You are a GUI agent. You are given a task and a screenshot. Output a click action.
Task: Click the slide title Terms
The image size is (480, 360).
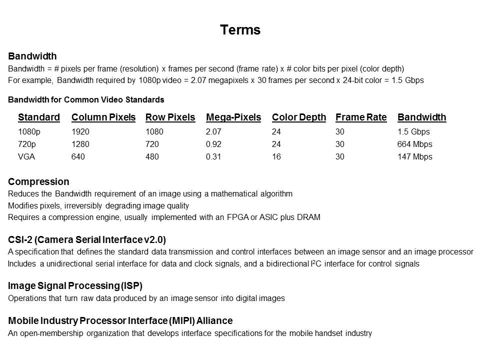[240, 30]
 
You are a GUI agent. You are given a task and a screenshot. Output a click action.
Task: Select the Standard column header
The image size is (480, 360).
[39, 117]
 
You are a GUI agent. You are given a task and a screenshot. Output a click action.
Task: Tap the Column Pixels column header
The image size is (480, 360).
[103, 117]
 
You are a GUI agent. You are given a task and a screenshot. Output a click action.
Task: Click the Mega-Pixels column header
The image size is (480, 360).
[233, 117]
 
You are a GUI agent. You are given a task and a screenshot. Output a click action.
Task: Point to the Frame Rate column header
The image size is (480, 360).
[361, 117]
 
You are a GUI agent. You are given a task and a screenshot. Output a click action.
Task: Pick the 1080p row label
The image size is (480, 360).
[27, 132]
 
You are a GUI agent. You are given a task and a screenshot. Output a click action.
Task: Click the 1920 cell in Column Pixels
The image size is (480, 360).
[80, 132]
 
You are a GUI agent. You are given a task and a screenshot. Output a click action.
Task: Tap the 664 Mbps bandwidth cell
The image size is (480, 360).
[415, 144]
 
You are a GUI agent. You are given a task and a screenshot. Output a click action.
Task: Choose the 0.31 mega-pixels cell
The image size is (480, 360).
[213, 156]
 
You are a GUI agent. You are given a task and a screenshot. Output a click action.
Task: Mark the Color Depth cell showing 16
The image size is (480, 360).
[276, 156]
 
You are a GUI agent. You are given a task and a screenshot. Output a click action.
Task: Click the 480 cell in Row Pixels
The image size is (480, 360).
[152, 156]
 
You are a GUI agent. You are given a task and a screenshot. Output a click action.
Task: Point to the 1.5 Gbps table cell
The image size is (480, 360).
[413, 132]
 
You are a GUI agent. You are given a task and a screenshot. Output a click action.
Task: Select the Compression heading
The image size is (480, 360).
[38, 181]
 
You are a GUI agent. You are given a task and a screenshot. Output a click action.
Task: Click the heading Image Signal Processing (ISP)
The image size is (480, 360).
[75, 286]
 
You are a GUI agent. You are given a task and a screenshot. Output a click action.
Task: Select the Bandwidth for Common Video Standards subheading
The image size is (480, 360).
[86, 99]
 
